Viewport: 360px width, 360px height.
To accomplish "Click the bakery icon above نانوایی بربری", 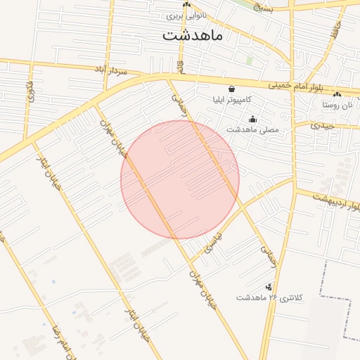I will click(x=186, y=5).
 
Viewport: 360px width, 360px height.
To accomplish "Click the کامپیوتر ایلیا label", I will click(x=231, y=100).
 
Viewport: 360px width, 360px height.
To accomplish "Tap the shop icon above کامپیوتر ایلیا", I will click(x=231, y=90).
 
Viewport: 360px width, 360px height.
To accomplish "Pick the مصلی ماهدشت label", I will click(x=252, y=130).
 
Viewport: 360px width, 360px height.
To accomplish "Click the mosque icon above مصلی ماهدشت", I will click(x=252, y=120).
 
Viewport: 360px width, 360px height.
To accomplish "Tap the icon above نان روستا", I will click(x=337, y=95).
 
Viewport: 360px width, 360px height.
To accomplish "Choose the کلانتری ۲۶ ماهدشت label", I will click(x=268, y=298).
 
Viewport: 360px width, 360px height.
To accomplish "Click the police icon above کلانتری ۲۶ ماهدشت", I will click(x=268, y=287).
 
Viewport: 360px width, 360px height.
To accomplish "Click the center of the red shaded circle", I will click(x=180, y=179).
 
